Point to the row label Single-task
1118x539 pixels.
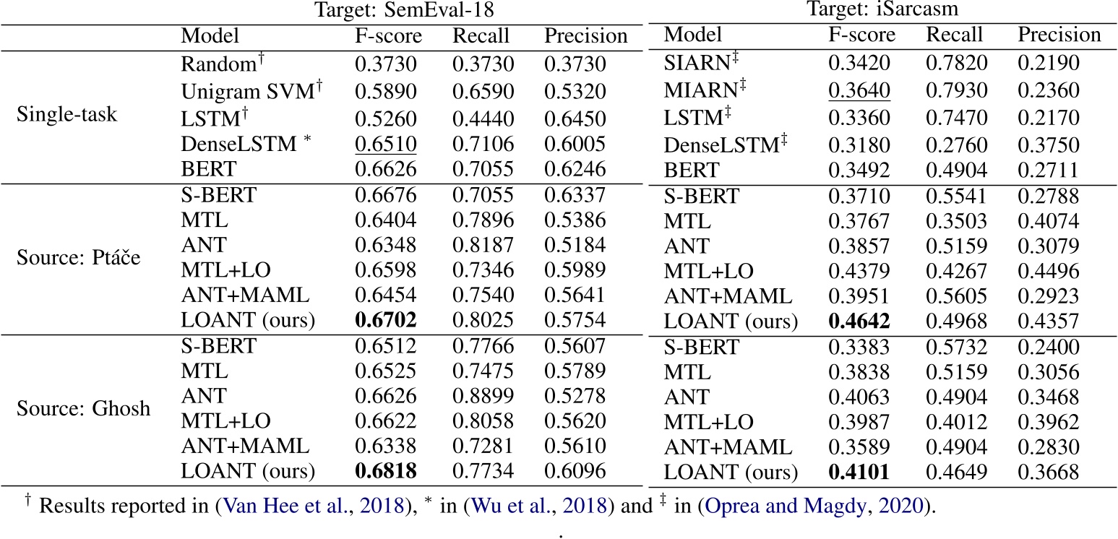pyautogui.click(x=66, y=114)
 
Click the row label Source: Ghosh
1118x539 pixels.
pyautogui.click(x=84, y=409)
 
